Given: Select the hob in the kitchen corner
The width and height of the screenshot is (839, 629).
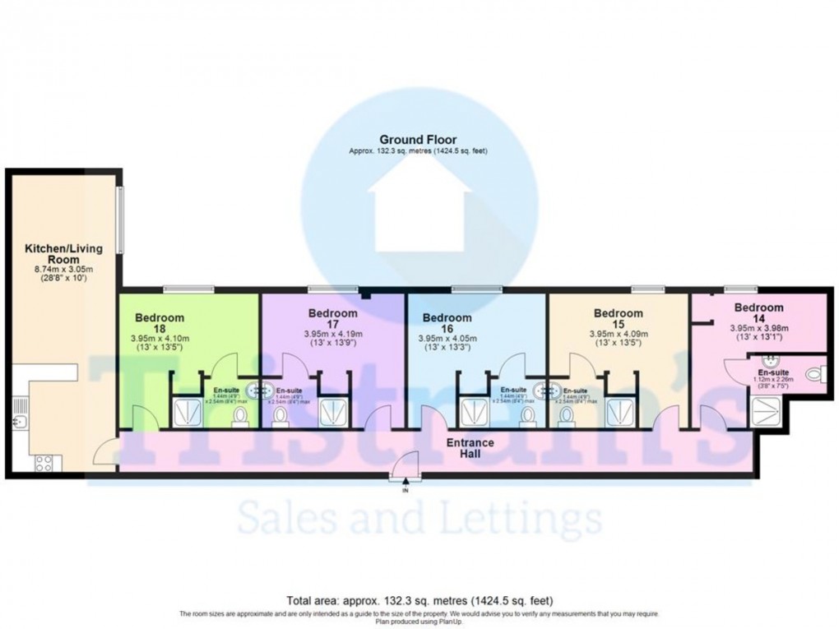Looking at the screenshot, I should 43,464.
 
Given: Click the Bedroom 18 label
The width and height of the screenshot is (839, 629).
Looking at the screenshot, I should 160,323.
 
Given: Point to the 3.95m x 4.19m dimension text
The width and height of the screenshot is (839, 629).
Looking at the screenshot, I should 332,334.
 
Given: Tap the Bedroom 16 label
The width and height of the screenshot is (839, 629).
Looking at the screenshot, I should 447,323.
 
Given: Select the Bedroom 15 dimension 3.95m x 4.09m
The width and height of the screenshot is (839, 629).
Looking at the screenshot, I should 619,334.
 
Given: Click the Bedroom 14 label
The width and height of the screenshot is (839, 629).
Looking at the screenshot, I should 758,314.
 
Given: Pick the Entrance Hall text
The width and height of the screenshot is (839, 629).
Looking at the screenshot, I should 470,448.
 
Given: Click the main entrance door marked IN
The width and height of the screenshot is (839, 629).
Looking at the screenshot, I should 405,474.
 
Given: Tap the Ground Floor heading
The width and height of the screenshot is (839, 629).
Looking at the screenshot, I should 419,140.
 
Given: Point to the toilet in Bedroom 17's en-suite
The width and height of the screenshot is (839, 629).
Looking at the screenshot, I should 280,417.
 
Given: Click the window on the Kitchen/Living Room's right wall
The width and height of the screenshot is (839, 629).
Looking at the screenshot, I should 120,220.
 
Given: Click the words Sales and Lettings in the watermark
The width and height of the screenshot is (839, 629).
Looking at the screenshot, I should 419,520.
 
